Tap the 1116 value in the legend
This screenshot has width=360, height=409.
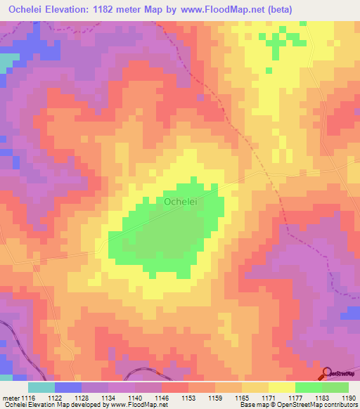(28, 397)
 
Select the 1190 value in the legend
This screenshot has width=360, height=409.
(349, 397)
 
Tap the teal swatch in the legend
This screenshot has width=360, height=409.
(41, 387)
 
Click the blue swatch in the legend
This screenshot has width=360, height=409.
(68, 387)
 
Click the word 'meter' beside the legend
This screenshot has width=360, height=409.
(11, 397)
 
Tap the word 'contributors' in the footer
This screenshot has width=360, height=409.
(339, 405)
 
